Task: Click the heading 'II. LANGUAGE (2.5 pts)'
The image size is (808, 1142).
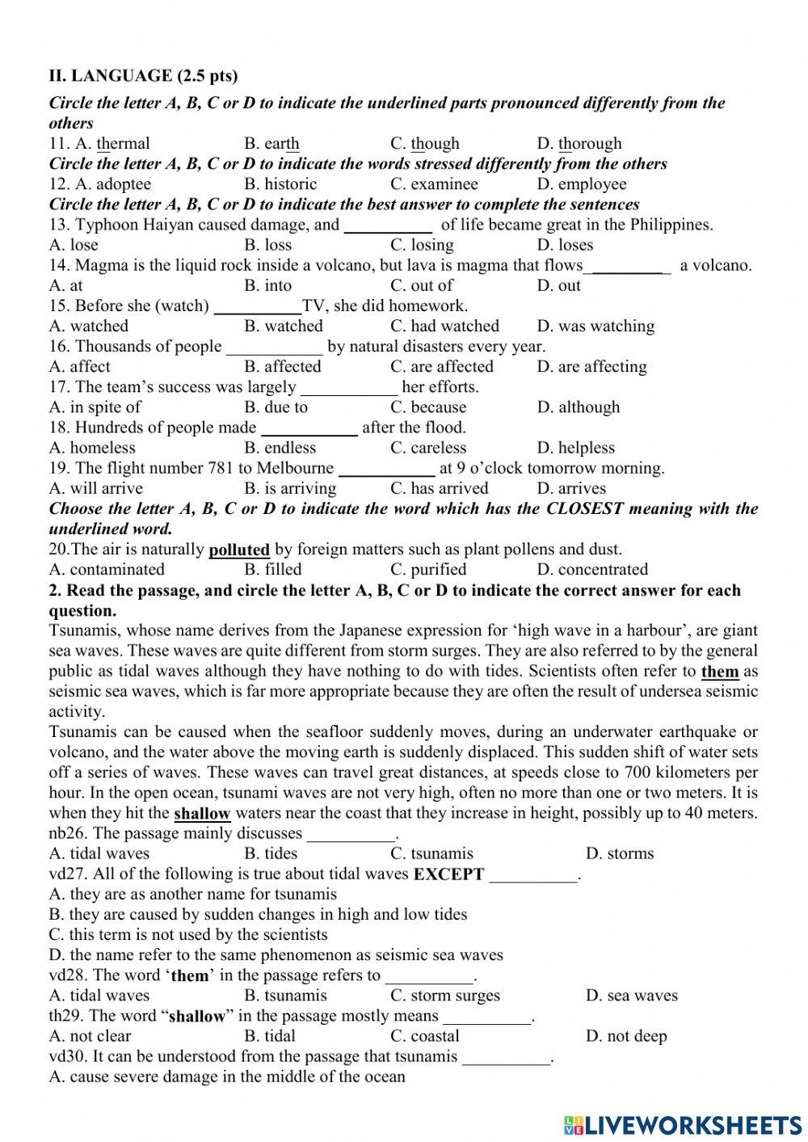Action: coord(143,76)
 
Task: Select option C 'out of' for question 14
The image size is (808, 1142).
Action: coord(421,285)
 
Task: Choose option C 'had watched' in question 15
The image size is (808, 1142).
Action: coord(444,327)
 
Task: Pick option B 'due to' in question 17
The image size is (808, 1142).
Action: coord(276,407)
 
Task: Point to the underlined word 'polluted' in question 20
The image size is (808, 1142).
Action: coord(239,550)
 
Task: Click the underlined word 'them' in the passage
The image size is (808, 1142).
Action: coord(720,672)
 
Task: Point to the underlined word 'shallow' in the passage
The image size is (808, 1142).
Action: coord(202,813)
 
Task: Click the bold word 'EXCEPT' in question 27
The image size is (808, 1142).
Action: coord(448,874)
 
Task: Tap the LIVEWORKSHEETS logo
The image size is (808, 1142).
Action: coord(683,1124)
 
